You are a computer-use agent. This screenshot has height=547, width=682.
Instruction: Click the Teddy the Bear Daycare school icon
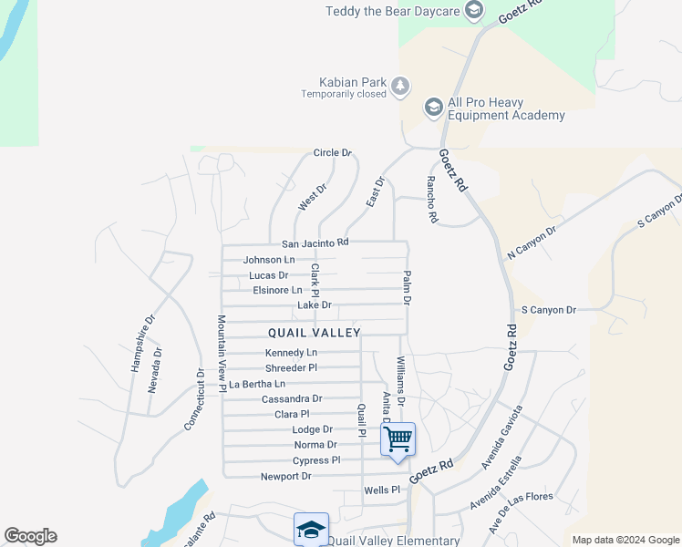[x=473, y=11]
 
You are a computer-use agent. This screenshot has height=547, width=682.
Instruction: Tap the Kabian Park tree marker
[x=400, y=87]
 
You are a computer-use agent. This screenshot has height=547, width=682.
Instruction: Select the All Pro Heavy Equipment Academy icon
[x=433, y=108]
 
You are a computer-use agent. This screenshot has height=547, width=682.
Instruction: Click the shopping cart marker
[x=398, y=439]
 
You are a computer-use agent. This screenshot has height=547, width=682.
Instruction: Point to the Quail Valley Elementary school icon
[x=310, y=530]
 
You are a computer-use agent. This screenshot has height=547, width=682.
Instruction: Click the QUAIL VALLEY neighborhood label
[x=315, y=333]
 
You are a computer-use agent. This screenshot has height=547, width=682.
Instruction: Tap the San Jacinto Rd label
[x=315, y=243]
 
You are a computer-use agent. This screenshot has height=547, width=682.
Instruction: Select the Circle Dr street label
[x=332, y=153]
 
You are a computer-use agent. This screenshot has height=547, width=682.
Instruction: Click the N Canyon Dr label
[x=532, y=242]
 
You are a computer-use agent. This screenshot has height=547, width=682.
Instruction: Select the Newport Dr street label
[x=285, y=476]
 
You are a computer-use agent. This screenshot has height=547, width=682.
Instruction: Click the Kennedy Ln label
[x=291, y=353]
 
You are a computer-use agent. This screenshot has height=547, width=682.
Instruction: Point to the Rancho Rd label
[x=432, y=200]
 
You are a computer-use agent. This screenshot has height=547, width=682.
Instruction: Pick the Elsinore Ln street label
[x=277, y=290]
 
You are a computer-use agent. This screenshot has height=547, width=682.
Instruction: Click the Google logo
[x=30, y=536]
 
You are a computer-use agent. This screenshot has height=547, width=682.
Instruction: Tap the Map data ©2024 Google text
[x=625, y=540]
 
